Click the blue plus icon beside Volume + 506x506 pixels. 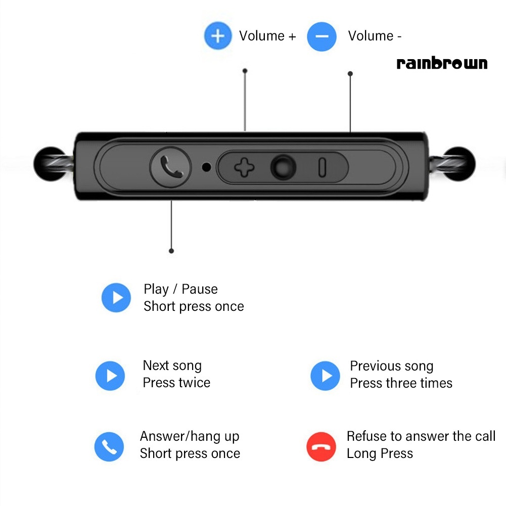[218, 36]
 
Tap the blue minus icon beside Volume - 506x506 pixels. [321, 36]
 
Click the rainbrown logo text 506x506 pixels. [442, 64]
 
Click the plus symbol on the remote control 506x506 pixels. [244, 167]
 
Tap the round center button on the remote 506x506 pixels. [283, 167]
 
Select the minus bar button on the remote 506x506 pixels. [322, 167]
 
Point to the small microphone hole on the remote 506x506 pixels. [206, 166]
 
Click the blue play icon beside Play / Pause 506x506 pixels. [116, 297]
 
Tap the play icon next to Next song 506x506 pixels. [110, 376]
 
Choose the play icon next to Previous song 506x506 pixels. [325, 376]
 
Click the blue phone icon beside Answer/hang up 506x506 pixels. [109, 446]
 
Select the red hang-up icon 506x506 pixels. [321, 446]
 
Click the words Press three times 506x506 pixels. [401, 383]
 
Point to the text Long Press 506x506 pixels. [380, 453]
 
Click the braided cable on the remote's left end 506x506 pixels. [56, 164]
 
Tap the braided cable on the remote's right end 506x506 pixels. [453, 164]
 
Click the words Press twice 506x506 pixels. [176, 383]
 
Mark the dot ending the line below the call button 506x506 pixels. [171, 251]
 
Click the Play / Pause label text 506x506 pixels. [180, 289]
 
